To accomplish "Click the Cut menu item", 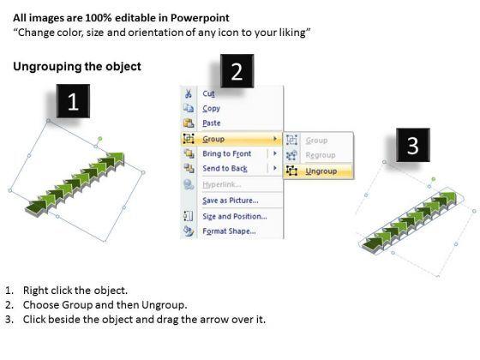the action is coord(208,93).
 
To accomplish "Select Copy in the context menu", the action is coord(211,108).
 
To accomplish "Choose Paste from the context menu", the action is coord(211,123).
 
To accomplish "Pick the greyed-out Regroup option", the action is coord(321,155).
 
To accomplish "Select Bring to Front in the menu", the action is coord(226,153).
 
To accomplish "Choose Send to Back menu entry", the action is coord(225,168).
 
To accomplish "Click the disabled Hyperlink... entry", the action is coord(222,184).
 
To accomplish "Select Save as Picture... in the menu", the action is coord(231,201).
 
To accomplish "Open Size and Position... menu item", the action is coord(235,216).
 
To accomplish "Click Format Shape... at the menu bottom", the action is coord(229,231).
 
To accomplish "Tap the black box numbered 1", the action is coord(73,101).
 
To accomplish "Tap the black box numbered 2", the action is coord(237,71).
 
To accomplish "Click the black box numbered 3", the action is coord(413,145).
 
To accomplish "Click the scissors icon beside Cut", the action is coord(189,93).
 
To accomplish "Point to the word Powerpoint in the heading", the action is coord(200,18).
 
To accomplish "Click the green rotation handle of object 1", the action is coord(100,139).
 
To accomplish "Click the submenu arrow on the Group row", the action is coord(275,139).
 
